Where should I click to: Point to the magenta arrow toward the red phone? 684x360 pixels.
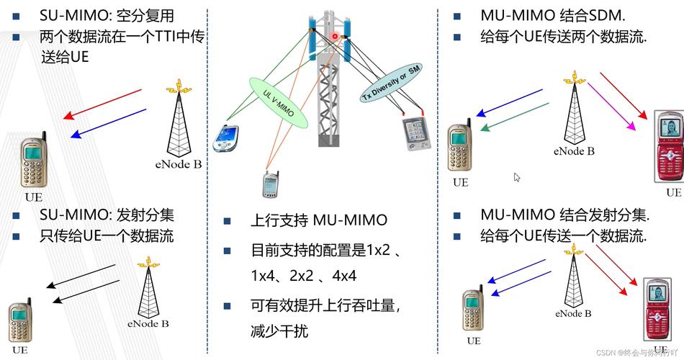(x=612, y=106)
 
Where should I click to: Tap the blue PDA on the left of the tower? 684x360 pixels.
(x=225, y=138)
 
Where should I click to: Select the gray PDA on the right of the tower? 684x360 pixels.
(x=415, y=133)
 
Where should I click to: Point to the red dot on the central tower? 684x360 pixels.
(x=335, y=36)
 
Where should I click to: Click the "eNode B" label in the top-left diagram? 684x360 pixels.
(x=178, y=164)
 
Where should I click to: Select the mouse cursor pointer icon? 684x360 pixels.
(x=537, y=177)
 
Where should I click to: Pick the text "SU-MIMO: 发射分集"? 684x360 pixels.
(x=107, y=215)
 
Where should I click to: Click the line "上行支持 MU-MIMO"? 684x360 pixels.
(x=319, y=220)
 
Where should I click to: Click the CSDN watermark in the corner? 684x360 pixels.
(x=638, y=353)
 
